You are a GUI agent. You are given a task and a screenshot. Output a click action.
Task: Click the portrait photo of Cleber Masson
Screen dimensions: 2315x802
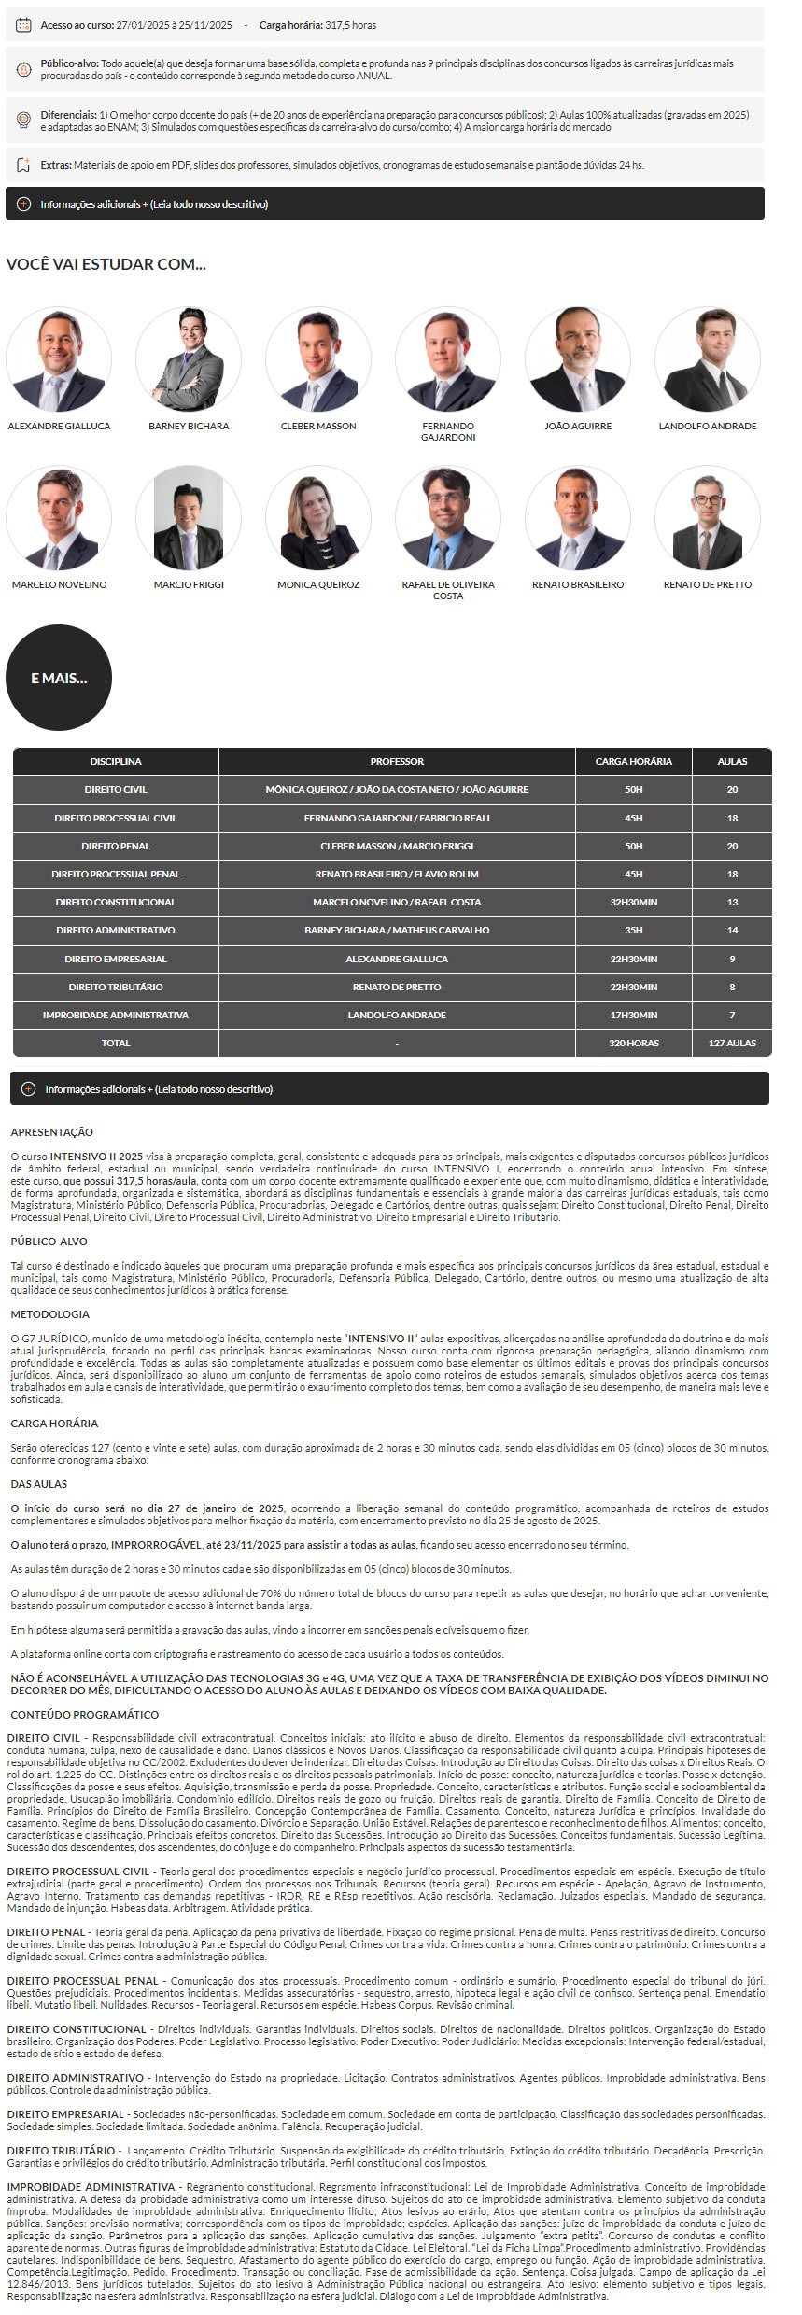pyautogui.click(x=318, y=359)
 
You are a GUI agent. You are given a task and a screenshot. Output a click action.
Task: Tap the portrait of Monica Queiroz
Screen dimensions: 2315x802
pyautogui.click(x=318, y=518)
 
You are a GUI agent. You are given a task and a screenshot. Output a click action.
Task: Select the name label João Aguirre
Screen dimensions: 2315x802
pyautogui.click(x=578, y=427)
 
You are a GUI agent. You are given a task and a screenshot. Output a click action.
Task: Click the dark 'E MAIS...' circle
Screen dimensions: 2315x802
pyautogui.click(x=59, y=678)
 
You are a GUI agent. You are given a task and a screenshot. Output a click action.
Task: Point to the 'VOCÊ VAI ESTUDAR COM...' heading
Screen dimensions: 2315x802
pyautogui.click(x=106, y=264)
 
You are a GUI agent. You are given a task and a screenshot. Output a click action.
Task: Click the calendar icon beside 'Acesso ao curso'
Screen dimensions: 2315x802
pyautogui.click(x=24, y=25)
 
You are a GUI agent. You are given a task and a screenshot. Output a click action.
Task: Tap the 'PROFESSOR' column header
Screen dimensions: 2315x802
pyautogui.click(x=397, y=762)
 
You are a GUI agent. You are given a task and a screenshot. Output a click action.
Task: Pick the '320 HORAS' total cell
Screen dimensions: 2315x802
pyautogui.click(x=633, y=1043)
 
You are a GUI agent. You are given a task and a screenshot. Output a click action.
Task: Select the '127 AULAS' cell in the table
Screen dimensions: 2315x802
pyautogui.click(x=732, y=1043)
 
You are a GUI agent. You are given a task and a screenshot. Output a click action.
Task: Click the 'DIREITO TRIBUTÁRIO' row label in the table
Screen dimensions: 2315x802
pyautogui.click(x=116, y=987)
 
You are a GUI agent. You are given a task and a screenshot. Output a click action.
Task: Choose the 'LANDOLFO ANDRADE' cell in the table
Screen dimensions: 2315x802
pyautogui.click(x=397, y=1015)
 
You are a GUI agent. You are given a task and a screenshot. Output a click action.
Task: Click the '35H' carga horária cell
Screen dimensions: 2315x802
pyautogui.click(x=633, y=931)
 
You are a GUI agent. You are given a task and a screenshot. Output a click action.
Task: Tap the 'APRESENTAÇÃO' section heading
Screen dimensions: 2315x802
pyautogui.click(x=52, y=1132)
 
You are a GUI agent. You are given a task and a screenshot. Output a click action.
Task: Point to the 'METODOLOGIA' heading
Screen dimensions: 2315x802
pyautogui.click(x=50, y=1314)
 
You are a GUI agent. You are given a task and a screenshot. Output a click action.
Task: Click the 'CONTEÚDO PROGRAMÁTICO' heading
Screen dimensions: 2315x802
pyautogui.click(x=85, y=1715)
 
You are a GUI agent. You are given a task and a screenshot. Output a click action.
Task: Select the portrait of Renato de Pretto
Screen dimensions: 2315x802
pyautogui.click(x=708, y=518)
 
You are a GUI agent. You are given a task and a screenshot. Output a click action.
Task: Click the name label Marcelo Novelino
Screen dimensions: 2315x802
pyautogui.click(x=59, y=585)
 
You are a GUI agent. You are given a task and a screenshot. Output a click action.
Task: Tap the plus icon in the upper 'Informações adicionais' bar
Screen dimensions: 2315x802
pyautogui.click(x=24, y=204)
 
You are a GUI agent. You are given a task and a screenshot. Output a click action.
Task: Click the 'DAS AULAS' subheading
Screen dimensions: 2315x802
pyautogui.click(x=39, y=1484)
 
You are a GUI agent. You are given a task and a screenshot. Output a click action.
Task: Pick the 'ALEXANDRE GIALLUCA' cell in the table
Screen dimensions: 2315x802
pyautogui.click(x=397, y=959)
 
